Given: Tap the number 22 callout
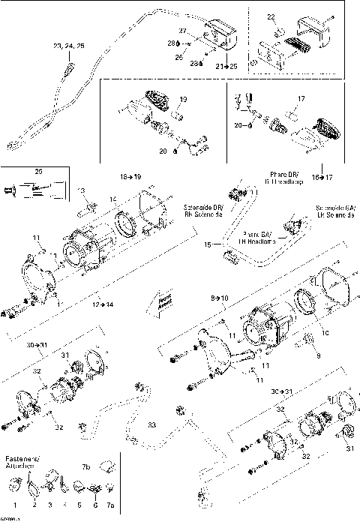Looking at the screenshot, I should pyautogui.click(x=271, y=16).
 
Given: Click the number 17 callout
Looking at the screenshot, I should pyautogui.click(x=301, y=98).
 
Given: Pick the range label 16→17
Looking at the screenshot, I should pyautogui.click(x=321, y=178).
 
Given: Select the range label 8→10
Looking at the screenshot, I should pyautogui.click(x=218, y=298).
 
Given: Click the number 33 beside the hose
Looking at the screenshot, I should pyautogui.click(x=151, y=424).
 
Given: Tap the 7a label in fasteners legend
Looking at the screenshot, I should pyautogui.click(x=110, y=505).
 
